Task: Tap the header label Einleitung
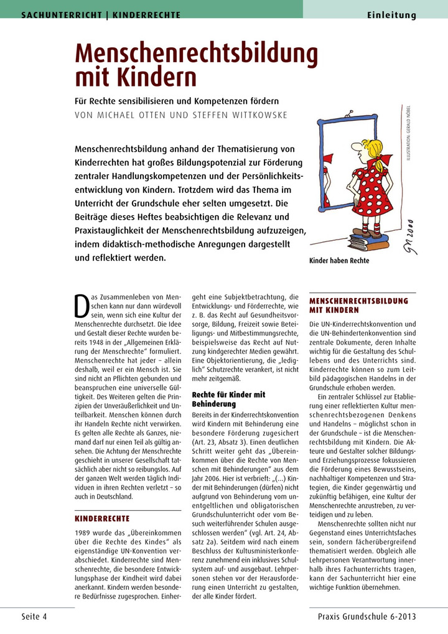[x=391, y=16]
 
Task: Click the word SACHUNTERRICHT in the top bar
[x=62, y=15]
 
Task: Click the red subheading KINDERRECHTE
[x=102, y=518]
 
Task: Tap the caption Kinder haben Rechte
[x=339, y=261]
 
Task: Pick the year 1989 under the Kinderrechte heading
[x=84, y=533]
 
